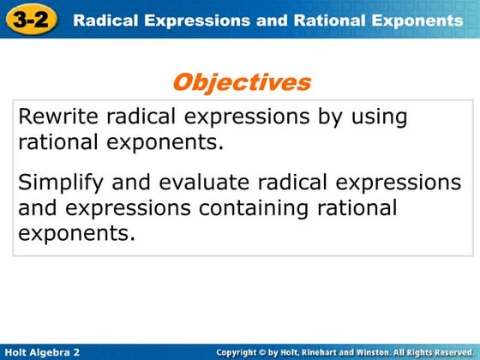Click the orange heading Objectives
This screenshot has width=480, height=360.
pos(241,82)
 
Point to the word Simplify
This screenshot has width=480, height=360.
pos(57,183)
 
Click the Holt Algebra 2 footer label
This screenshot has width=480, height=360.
pos(42,351)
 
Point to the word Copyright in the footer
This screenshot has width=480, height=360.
pos(243,351)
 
